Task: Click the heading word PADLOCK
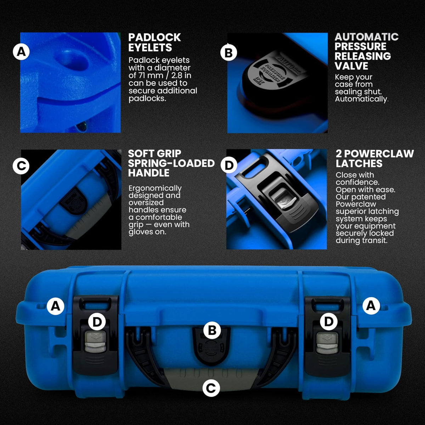pos(154,38)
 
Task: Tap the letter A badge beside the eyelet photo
pos(21,52)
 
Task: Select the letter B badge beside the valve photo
pos(229,53)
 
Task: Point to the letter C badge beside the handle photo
pos(21,166)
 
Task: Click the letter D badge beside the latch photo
pos(229,165)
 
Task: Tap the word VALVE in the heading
pos(351,66)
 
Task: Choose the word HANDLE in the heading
pos(149,173)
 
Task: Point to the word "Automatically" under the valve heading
pos(361,99)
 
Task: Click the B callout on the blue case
pos(212,330)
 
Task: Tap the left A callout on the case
pos(55,306)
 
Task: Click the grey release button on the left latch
pos(96,342)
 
